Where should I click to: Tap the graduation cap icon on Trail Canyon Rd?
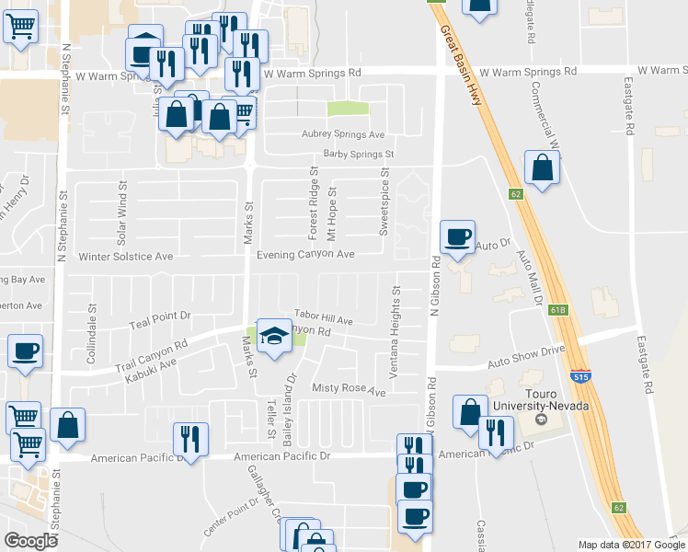tap(273, 338)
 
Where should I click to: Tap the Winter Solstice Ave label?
tap(126, 257)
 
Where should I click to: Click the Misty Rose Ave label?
tap(349, 390)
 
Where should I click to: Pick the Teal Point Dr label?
tap(159, 315)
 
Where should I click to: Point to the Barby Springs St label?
tap(359, 155)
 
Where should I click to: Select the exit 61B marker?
tap(559, 310)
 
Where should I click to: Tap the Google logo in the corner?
tap(31, 541)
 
